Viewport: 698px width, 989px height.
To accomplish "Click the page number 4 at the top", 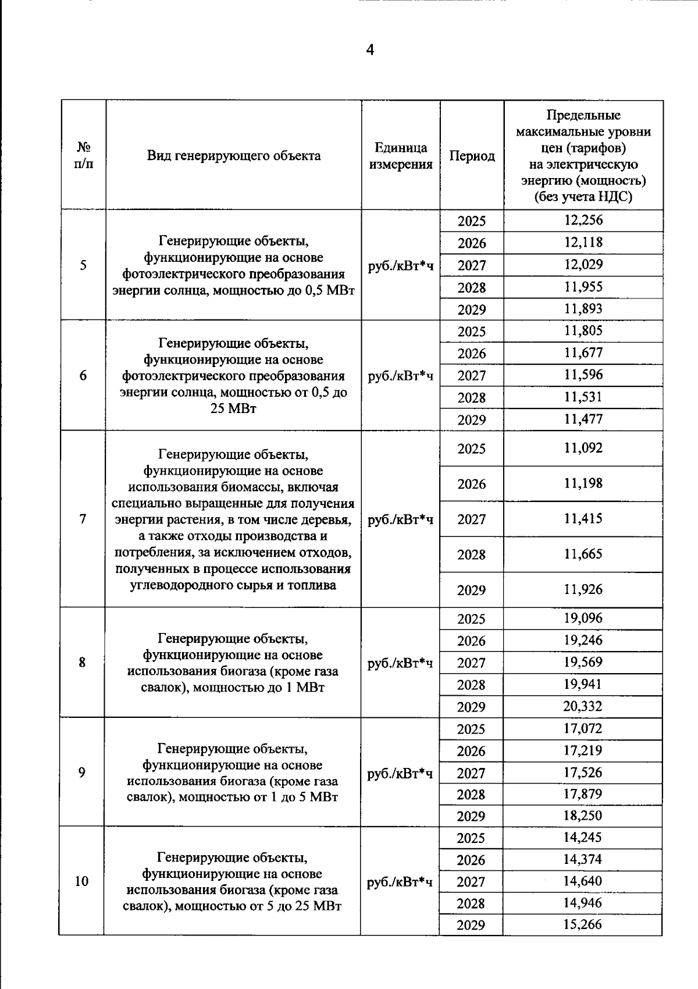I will [x=370, y=51].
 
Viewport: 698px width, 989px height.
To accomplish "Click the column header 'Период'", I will [x=472, y=156].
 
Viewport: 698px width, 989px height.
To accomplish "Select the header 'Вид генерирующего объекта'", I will [x=233, y=155].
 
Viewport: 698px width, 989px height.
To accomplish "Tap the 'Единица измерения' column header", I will [x=401, y=156].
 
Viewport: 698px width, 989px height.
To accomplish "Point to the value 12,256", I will [x=583, y=220].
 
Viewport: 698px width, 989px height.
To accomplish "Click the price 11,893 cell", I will [x=583, y=309].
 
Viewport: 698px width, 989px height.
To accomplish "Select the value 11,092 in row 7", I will [x=583, y=448].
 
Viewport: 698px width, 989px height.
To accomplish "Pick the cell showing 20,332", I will [x=583, y=706].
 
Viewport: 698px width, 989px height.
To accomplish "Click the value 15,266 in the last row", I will [x=583, y=924].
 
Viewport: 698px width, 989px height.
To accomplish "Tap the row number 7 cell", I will [x=83, y=519].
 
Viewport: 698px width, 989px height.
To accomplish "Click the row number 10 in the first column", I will [x=81, y=881].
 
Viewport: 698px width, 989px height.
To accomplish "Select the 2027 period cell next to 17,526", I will [x=471, y=773].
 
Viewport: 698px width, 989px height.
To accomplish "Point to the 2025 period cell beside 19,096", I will [x=471, y=618].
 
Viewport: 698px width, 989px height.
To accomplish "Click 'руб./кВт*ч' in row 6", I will [x=401, y=376].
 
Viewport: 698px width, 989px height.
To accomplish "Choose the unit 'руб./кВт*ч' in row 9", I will [x=400, y=773].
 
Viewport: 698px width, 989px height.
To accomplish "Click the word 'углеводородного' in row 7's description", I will [x=179, y=585].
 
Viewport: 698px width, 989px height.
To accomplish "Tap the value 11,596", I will [x=583, y=375].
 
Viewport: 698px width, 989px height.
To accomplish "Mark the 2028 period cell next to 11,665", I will [x=471, y=554].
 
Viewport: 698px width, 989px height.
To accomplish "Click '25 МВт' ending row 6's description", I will [x=233, y=408].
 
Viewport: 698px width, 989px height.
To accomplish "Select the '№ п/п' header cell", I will [x=84, y=155].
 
